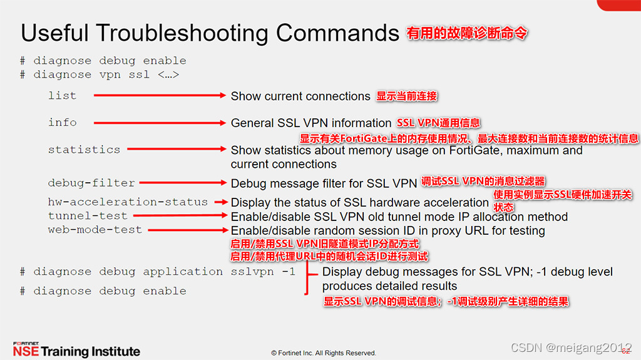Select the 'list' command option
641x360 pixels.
pos(62,96)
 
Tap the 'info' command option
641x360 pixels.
pos(62,123)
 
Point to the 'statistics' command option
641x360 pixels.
pos(84,150)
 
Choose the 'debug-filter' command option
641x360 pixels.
pos(91,183)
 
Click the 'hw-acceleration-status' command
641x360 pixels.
pos(128,202)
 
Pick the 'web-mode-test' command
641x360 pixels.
pos(95,230)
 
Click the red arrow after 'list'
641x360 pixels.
pos(160,96)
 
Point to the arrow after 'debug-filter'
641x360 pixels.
pos(182,183)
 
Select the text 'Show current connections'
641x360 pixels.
pos(300,96)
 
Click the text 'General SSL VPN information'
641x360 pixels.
pos(311,123)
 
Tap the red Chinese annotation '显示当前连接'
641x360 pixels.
pos(406,96)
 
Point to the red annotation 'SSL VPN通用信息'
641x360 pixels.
pos(438,123)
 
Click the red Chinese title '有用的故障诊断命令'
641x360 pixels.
pos(467,33)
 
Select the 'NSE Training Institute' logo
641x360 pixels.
pos(76,350)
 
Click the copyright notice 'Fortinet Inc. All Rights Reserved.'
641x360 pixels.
pos(323,353)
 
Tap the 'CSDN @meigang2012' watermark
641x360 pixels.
pos(571,347)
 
